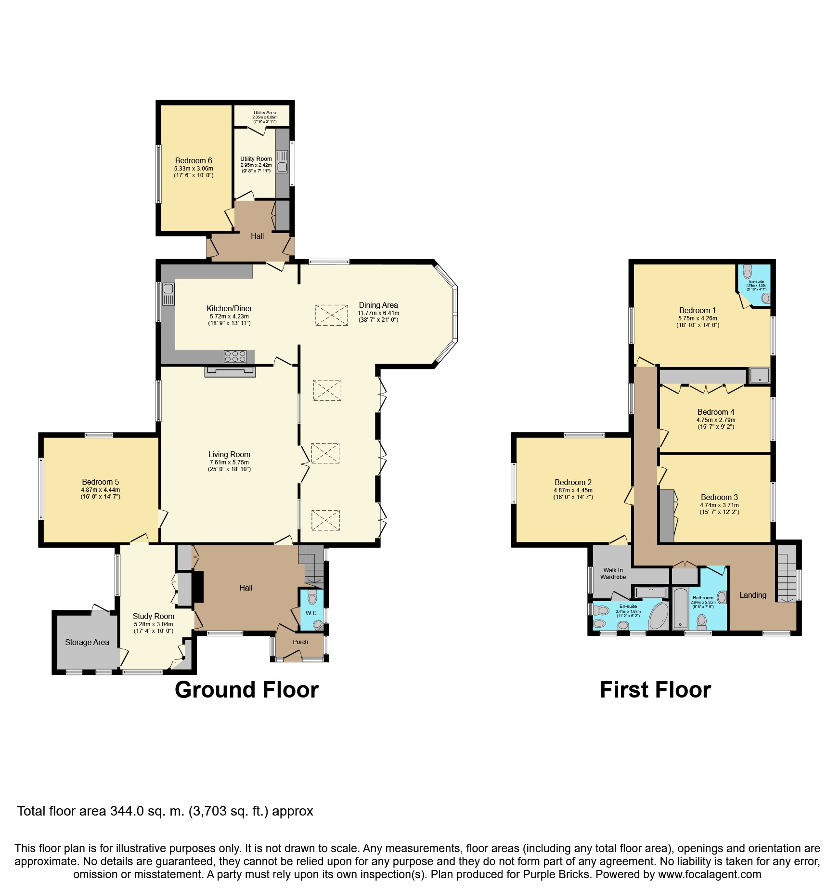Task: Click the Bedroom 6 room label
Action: (x=194, y=160)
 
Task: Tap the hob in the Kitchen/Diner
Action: (x=235, y=356)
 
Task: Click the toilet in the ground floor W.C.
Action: (x=312, y=597)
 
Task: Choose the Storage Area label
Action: (x=87, y=642)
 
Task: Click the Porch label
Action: (x=300, y=642)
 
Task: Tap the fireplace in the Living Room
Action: (x=230, y=371)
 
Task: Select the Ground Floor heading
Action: (x=246, y=690)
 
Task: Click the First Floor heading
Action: (x=655, y=690)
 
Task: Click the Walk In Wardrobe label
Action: (x=613, y=573)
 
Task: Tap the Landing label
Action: (x=753, y=595)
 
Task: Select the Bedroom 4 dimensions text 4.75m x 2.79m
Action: (x=716, y=420)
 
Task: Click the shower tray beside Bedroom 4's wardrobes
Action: (x=760, y=376)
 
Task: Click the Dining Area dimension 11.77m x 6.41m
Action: (x=378, y=313)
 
